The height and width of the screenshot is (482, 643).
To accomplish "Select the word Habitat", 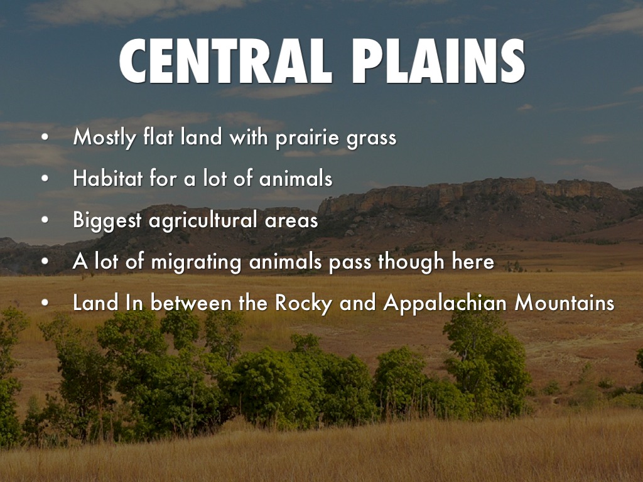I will (x=107, y=179).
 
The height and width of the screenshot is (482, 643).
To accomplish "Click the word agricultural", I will (x=213, y=220).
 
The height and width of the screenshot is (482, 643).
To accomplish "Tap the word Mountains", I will (x=564, y=303).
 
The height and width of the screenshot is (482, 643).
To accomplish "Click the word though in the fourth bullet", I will (x=411, y=262).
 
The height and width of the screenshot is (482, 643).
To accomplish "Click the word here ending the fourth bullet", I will (x=473, y=262).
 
